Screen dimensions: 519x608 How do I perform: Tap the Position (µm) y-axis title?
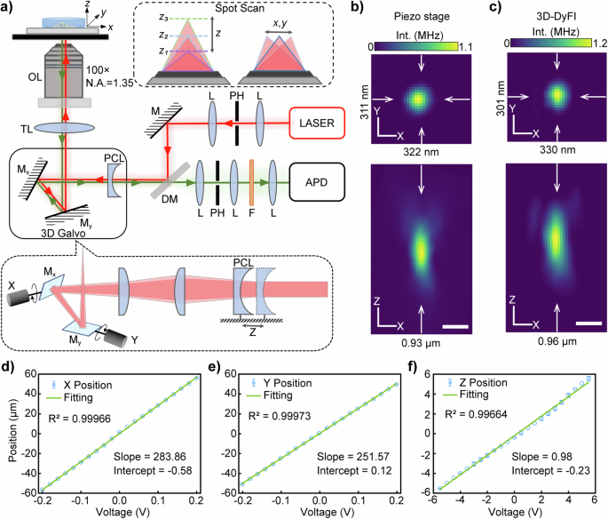(x=7, y=436)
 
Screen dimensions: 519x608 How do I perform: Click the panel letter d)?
(x=8, y=363)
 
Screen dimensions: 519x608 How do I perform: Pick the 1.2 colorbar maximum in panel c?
(x=590, y=41)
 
